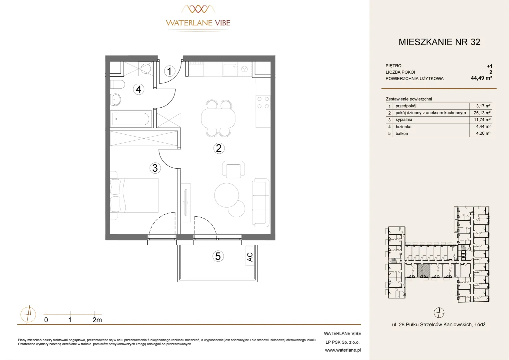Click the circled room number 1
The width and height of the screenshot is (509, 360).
click(169, 71)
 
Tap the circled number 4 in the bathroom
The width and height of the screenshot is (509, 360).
click(138, 89)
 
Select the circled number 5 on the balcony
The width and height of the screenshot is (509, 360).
click(218, 256)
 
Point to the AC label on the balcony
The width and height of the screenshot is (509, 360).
click(250, 257)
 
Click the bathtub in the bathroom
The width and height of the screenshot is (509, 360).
click(131, 119)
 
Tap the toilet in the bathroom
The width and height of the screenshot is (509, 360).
click(118, 84)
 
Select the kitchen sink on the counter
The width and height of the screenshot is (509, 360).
click(230, 69)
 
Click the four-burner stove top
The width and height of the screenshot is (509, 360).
click(263, 102)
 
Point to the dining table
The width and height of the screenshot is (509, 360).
click(218, 118)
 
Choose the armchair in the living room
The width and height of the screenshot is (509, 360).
click(234, 169)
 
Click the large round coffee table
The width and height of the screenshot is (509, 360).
click(227, 195)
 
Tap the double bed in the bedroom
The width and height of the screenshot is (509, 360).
click(134, 195)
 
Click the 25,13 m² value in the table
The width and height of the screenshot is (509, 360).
click(482, 113)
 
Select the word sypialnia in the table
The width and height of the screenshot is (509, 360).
click(404, 120)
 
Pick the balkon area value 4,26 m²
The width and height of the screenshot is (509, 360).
click(483, 133)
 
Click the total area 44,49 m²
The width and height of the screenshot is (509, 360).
click(481, 78)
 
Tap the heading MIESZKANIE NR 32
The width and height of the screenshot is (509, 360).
click(439, 42)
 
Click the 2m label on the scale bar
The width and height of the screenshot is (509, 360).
click(97, 320)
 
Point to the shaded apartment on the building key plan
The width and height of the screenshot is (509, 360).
click(424, 270)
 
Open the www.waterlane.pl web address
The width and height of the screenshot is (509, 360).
click(343, 350)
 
